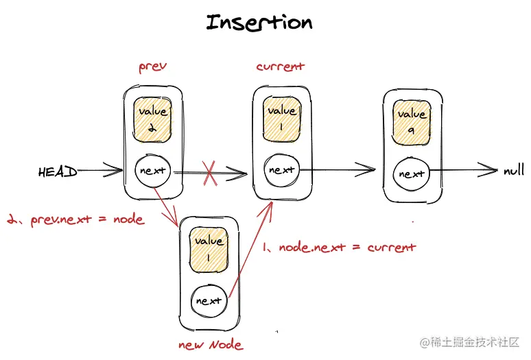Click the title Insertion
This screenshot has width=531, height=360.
[259, 23]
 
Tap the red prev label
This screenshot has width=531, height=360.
[153, 68]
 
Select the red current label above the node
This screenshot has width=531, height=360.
[280, 67]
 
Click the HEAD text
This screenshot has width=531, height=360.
[58, 172]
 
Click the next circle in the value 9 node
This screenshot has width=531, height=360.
[412, 173]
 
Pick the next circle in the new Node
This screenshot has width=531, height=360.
[208, 300]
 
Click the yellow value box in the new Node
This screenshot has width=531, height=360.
[209, 250]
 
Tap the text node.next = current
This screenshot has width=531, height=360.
[339, 246]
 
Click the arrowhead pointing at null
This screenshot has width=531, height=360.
[488, 170]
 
